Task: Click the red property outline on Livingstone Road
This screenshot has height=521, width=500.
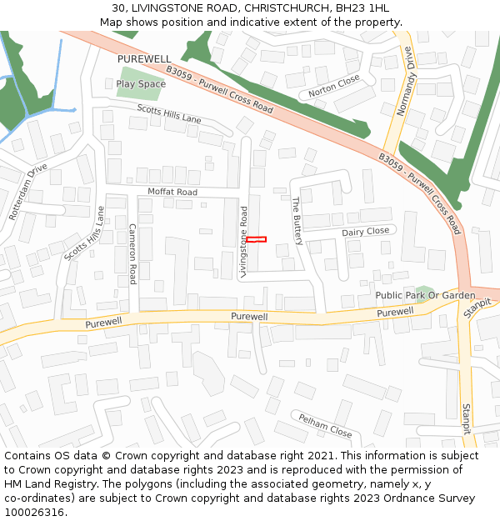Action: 256,239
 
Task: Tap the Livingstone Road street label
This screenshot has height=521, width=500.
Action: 244,241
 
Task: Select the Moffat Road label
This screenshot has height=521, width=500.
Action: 172,192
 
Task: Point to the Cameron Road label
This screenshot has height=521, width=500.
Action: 132,253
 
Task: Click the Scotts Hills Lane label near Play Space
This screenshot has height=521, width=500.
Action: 169,114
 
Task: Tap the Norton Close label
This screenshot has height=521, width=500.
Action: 333,85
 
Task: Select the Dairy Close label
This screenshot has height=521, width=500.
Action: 365,231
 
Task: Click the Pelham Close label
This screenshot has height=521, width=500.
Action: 325,425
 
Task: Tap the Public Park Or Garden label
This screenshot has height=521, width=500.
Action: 425,295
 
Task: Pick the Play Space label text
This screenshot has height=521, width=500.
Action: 141,84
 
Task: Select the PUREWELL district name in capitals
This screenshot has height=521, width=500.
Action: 143,59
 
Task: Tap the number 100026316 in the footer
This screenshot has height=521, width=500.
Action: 35,512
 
